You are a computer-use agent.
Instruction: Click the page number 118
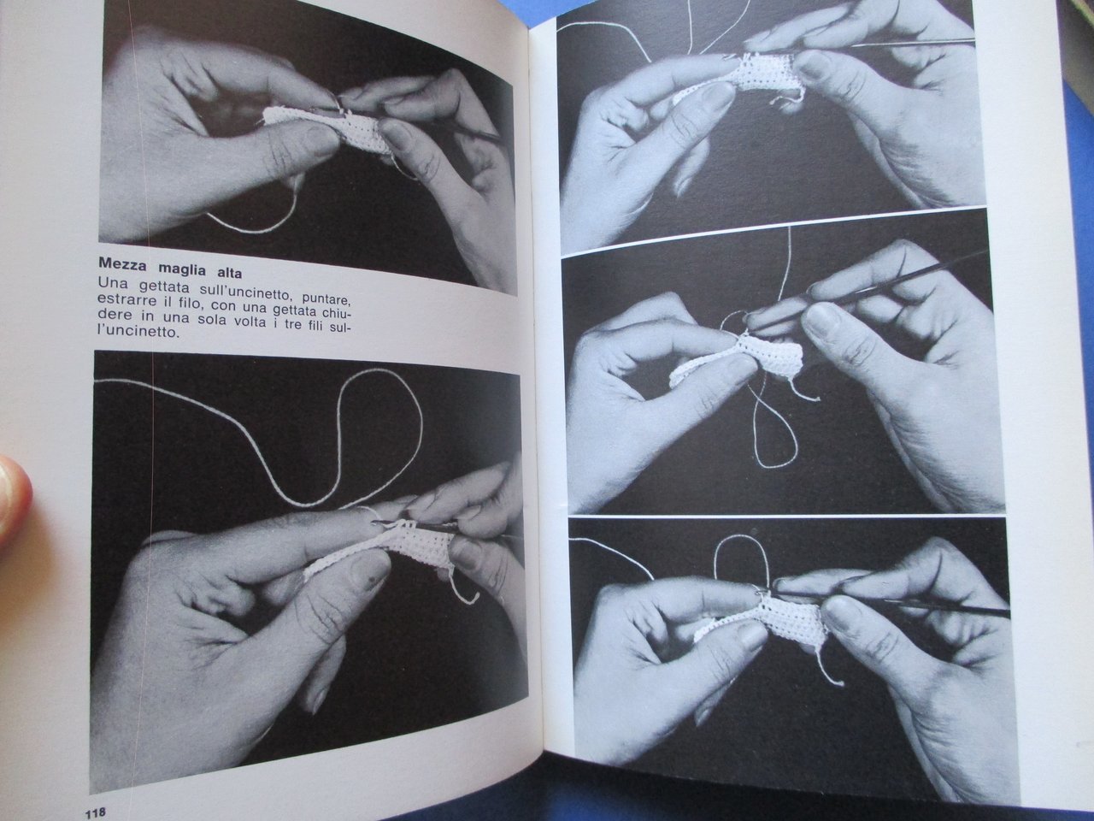pyautogui.click(x=95, y=813)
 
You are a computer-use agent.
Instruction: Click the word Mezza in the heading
pyautogui.click(x=123, y=265)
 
